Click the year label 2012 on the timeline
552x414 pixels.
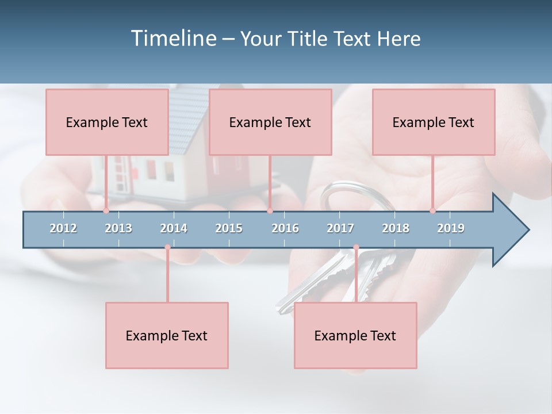pos(63,228)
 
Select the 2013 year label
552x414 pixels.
pos(118,228)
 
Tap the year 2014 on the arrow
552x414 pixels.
pos(174,228)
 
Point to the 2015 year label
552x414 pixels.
pos(229,228)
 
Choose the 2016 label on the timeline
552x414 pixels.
pos(285,228)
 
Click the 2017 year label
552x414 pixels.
pos(340,228)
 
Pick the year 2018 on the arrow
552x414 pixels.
pos(396,228)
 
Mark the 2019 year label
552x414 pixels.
pos(451,228)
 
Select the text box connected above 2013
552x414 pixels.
pos(107,122)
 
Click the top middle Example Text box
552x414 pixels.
pos(270,122)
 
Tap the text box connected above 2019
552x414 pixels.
pos(434,122)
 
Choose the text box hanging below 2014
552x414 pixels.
pos(167,335)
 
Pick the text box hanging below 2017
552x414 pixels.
pos(355,335)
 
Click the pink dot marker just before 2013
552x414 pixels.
pos(106,210)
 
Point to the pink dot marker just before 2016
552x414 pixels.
pos(270,210)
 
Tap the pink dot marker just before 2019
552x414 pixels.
pos(432,210)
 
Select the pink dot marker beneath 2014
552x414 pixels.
pos(167,247)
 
